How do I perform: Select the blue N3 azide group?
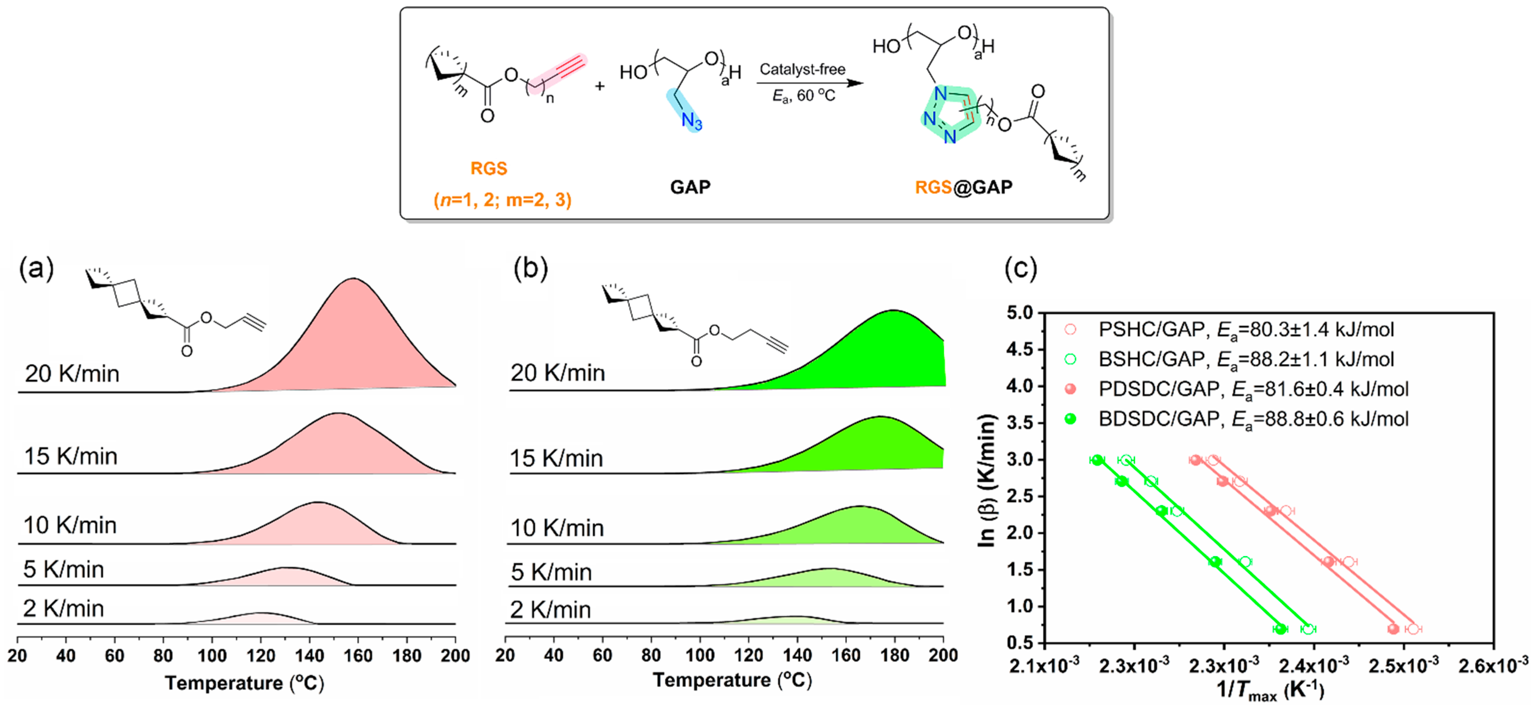pos(691,121)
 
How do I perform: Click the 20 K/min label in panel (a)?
pos(72,373)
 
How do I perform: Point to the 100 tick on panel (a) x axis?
pos(212,655)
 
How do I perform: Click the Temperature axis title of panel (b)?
pos(732,680)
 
